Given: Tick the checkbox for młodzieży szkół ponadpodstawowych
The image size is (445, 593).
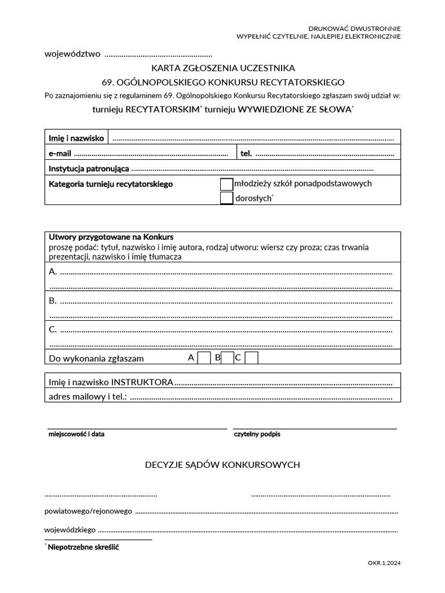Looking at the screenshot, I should [x=227, y=184].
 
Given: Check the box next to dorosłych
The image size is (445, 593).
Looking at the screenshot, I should [x=227, y=198].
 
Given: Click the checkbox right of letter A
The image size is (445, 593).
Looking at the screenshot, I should [x=204, y=358].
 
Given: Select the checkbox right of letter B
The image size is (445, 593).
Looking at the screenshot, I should [x=227, y=358].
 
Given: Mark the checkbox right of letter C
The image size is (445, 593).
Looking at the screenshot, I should [x=251, y=358].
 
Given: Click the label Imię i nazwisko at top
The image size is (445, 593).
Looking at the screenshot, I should [x=76, y=138].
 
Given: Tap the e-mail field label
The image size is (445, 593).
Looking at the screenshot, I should [x=60, y=153].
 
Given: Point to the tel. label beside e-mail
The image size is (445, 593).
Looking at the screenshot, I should [x=246, y=153].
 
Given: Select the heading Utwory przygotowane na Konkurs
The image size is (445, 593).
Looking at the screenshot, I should [x=111, y=237].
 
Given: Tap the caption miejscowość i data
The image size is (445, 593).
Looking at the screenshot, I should [x=76, y=434].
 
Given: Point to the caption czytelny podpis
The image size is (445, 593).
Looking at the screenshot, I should [x=257, y=434].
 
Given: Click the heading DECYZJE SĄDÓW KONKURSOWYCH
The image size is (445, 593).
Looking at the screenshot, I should [x=222, y=464].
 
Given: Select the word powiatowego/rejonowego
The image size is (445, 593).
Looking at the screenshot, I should [x=88, y=511].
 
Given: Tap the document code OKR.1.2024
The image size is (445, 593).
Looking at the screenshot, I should [x=384, y=562].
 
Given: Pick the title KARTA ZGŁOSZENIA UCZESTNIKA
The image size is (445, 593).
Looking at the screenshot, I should [x=223, y=68].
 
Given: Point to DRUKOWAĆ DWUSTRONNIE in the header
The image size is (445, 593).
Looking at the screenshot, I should [x=354, y=28].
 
